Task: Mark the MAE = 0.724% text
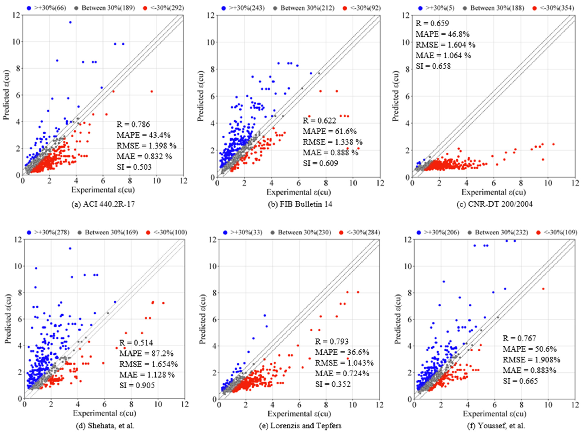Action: pos(342,373)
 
